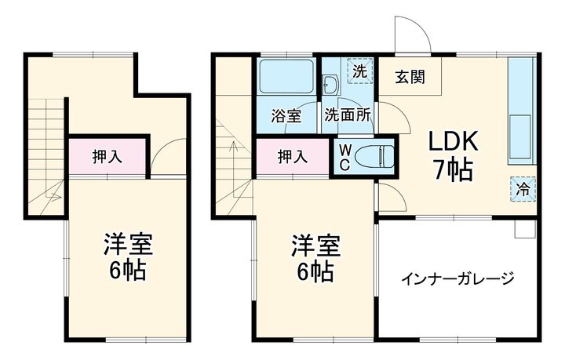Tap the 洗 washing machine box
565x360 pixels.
[358, 68]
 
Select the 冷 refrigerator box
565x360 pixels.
[523, 188]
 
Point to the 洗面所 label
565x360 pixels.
[348, 114]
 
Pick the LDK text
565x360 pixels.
[451, 140]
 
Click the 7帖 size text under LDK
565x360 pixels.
[451, 169]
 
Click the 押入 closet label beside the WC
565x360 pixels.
[292, 156]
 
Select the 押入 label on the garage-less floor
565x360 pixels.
[107, 156]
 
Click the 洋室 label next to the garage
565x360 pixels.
[317, 246]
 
